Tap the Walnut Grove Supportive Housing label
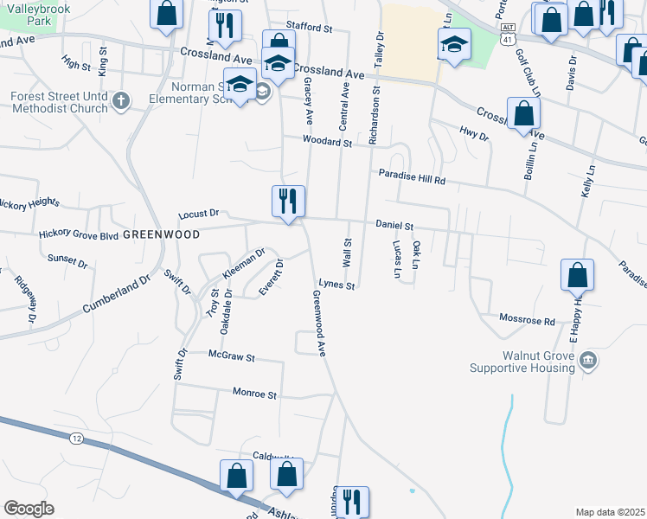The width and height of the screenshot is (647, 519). pyautogui.click(x=522, y=362)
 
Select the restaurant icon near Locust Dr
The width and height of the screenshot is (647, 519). pyautogui.click(x=288, y=202)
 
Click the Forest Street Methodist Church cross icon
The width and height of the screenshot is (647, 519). pyautogui.click(x=121, y=102)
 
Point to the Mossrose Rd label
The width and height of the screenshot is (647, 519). pyautogui.click(x=527, y=320)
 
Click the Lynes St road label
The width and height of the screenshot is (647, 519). pyautogui.click(x=336, y=284)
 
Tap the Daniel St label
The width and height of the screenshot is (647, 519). pyautogui.click(x=395, y=225)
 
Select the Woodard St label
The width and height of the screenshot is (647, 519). pyautogui.click(x=327, y=142)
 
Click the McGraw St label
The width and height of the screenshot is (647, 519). pyautogui.click(x=232, y=356)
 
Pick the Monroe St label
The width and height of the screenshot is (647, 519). pyautogui.click(x=254, y=394)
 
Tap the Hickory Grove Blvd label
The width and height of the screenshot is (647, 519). pyautogui.click(x=78, y=234)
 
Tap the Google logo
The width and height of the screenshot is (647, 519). pyautogui.click(x=29, y=509)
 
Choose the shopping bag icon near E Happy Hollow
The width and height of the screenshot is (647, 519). pyautogui.click(x=577, y=276)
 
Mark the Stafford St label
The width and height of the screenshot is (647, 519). pyautogui.click(x=310, y=29)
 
